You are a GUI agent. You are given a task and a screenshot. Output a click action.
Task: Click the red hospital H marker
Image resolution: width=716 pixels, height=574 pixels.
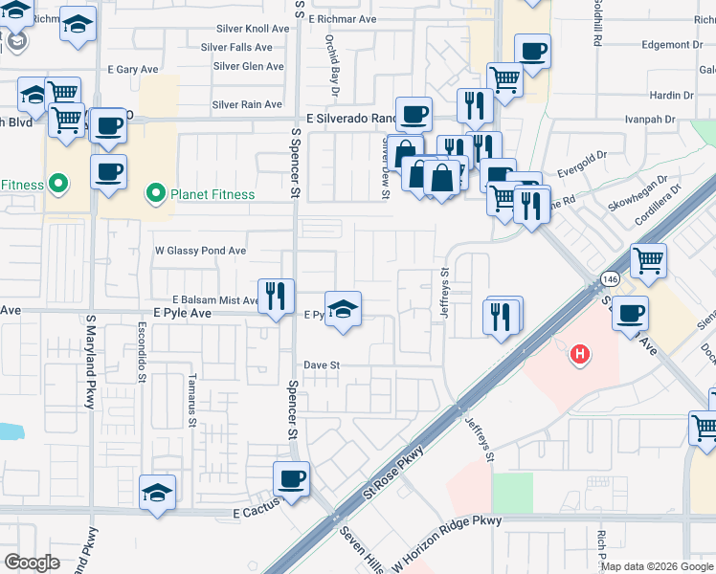[578, 355]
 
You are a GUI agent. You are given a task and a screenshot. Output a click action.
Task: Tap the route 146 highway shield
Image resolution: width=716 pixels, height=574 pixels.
[609, 278]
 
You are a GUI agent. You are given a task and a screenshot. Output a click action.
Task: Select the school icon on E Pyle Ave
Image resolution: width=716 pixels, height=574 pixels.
[343, 309]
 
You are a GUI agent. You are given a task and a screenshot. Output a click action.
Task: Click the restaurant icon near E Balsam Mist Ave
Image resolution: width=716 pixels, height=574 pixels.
[276, 295]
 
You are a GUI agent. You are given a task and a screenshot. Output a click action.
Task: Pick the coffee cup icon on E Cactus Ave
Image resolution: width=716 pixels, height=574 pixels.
[291, 477]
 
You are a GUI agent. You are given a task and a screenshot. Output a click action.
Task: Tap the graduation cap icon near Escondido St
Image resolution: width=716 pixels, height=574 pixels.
[157, 492]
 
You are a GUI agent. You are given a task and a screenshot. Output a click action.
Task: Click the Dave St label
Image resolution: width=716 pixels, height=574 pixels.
[323, 364]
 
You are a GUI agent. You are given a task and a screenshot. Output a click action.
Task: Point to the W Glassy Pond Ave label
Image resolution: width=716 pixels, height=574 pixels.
[201, 251]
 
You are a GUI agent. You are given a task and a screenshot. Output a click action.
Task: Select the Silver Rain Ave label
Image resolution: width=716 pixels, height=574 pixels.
[247, 104]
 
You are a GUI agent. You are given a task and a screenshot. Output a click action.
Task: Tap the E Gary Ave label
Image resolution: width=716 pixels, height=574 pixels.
[133, 70]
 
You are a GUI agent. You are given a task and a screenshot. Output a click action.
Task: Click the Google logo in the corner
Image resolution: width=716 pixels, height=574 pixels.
[33, 562]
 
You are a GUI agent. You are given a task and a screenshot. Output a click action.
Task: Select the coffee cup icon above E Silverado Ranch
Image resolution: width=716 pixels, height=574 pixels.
[414, 115]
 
